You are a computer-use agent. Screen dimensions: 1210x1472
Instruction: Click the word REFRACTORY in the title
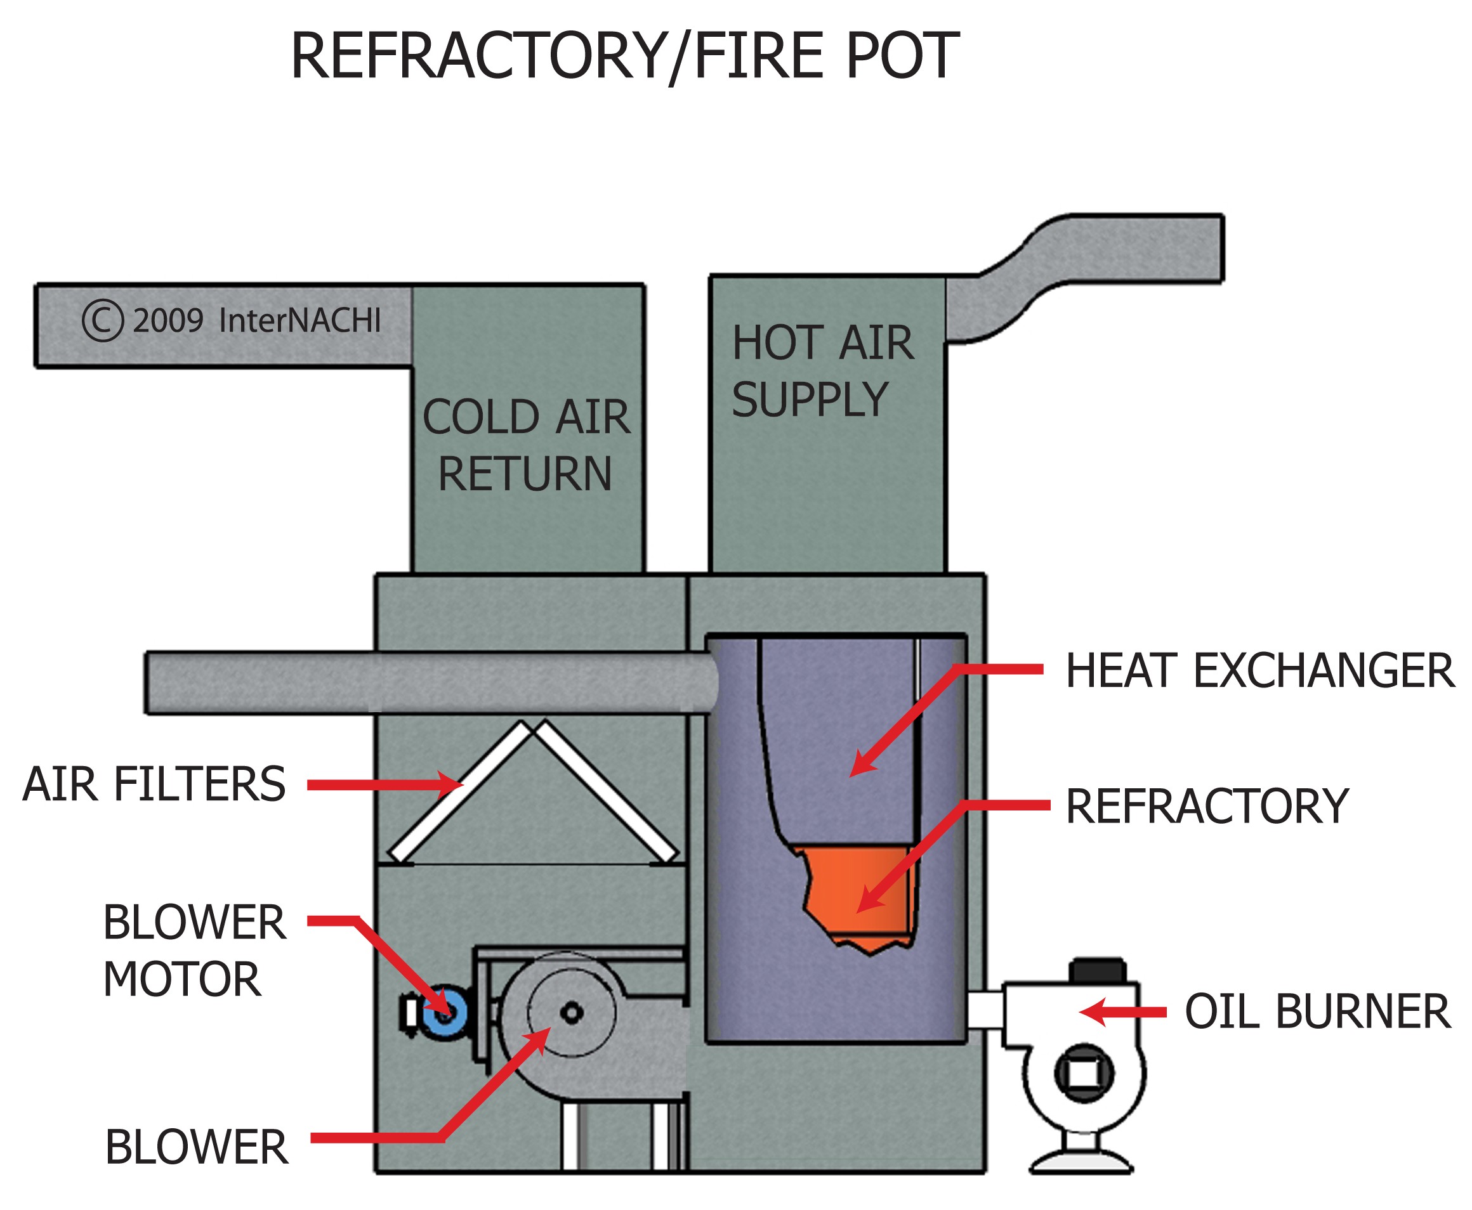(x=478, y=56)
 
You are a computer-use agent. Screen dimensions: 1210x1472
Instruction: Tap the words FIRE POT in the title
(x=826, y=56)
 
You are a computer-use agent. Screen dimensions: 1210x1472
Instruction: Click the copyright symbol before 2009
(x=103, y=321)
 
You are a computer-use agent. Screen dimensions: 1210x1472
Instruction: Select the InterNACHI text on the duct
(x=300, y=321)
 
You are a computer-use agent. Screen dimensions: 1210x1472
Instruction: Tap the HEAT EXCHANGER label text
(x=1259, y=670)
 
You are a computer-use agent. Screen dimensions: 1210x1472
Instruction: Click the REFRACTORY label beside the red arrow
(x=1207, y=807)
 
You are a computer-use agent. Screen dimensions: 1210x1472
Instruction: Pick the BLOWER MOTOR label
(x=193, y=951)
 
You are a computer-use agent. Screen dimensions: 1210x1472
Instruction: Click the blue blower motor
(x=444, y=1013)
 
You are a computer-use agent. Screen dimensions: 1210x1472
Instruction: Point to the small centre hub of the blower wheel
(x=572, y=1012)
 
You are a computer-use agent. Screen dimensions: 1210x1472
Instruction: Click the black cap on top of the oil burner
(x=1097, y=970)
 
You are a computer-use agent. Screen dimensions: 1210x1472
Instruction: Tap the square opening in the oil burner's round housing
(x=1083, y=1074)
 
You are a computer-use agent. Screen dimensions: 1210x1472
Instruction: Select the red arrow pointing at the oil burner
(x=1122, y=1012)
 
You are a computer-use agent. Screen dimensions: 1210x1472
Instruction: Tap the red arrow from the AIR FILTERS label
(x=383, y=785)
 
